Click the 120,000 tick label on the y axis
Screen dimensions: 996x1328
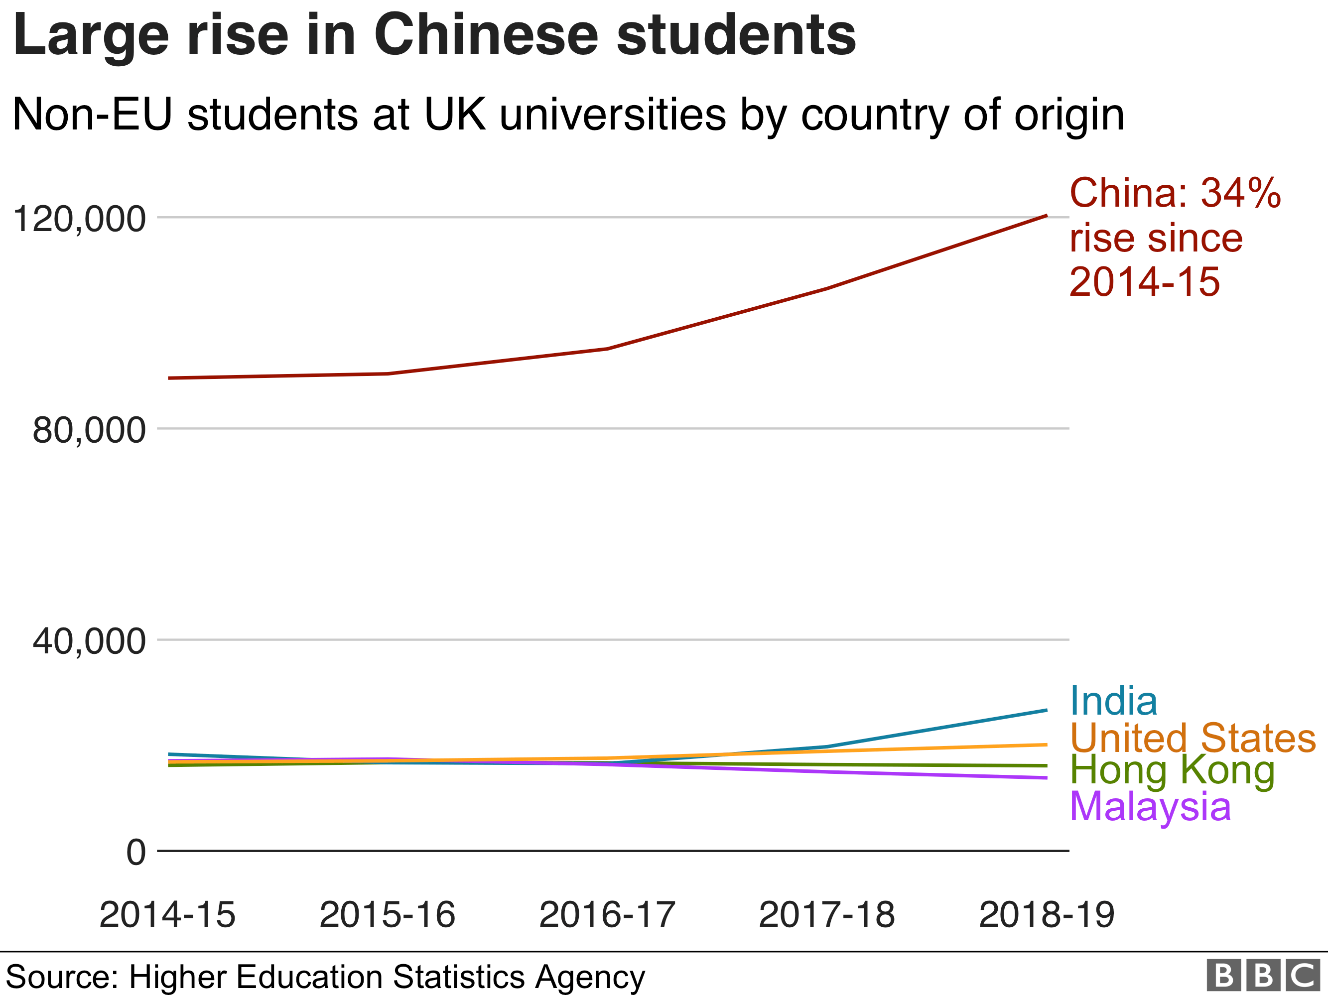[79, 219]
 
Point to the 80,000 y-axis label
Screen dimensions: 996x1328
[89, 430]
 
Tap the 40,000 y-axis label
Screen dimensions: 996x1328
[89, 642]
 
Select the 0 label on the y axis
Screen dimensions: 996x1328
[135, 853]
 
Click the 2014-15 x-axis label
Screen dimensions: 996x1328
[167, 915]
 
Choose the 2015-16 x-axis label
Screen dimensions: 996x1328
[387, 915]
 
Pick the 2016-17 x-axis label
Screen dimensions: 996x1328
[607, 915]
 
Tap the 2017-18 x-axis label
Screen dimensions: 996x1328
[827, 915]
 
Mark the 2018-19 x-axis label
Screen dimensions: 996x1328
[1047, 915]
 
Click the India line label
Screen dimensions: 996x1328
[1114, 701]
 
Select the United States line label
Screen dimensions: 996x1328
[1193, 738]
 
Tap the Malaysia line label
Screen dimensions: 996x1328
[1150, 806]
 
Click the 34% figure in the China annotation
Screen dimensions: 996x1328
[1240, 193]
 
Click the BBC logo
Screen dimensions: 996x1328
[1263, 976]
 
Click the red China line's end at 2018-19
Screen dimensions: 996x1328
[1047, 216]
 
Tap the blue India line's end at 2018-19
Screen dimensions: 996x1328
[1047, 710]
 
